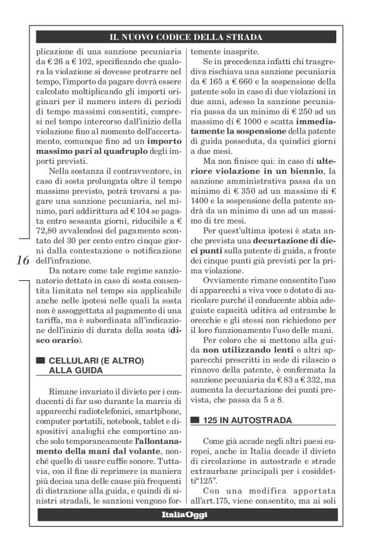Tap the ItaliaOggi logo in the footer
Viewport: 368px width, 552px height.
pos(184,514)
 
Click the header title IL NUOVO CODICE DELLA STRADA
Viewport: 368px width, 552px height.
pos(184,37)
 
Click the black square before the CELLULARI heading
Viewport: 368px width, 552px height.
pos(41,361)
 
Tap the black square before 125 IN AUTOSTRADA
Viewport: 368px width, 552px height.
pos(195,420)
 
